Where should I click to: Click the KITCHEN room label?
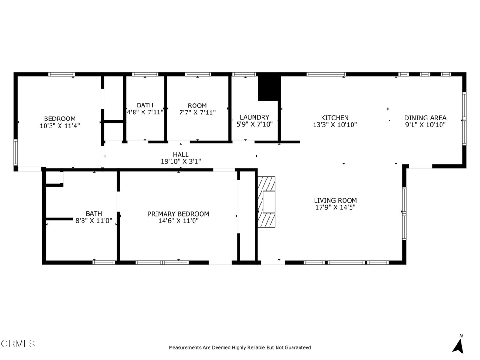(x=334, y=118)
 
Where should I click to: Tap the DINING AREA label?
(x=425, y=118)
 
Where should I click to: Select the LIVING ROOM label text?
(x=335, y=200)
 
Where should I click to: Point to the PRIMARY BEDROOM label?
(x=178, y=214)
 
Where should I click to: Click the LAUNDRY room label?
(x=255, y=117)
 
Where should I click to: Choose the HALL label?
(x=180, y=154)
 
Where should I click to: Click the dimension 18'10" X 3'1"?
(x=180, y=161)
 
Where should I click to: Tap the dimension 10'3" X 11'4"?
(x=60, y=126)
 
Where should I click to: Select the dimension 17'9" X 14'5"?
(x=335, y=207)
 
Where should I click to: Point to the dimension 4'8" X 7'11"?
(x=145, y=112)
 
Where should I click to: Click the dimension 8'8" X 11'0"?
(x=94, y=221)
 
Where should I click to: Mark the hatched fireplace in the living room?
(x=266, y=202)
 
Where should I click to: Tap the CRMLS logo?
(x=18, y=344)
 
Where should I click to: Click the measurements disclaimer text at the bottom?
(x=240, y=348)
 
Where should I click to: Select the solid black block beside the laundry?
(x=269, y=88)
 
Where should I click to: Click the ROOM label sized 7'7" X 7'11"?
(x=197, y=105)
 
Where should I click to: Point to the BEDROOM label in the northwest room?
(x=60, y=119)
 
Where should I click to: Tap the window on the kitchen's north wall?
(x=326, y=74)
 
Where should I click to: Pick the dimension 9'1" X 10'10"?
(x=425, y=125)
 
